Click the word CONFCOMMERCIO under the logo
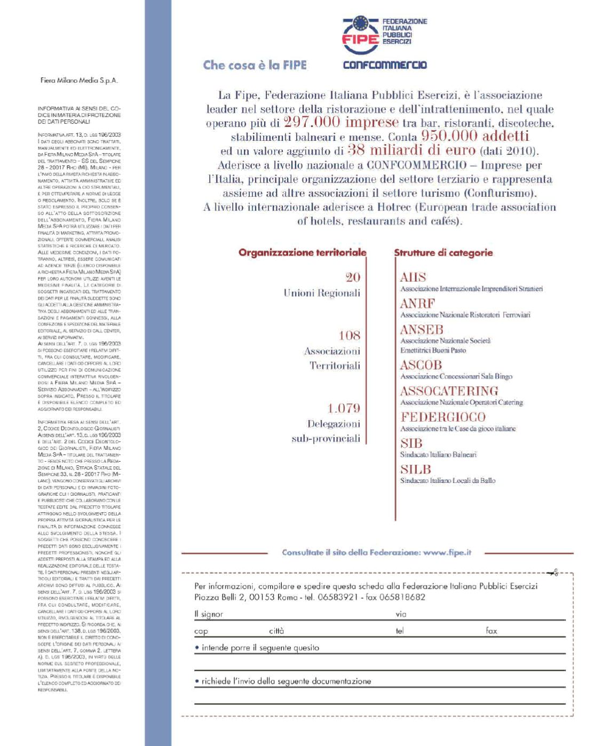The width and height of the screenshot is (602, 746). tap(384, 65)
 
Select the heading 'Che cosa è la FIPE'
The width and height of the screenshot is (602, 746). tap(255, 65)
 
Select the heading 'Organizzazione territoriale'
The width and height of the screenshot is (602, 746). tap(302, 252)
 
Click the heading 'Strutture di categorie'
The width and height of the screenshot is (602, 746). tap(443, 252)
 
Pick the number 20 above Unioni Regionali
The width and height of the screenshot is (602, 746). tap(353, 277)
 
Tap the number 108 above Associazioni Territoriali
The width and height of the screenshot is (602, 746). tap(350, 335)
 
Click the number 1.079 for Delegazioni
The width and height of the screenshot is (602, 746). tap(343, 408)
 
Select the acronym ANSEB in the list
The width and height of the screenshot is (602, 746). tap(422, 330)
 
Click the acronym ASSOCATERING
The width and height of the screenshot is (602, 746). tap(449, 391)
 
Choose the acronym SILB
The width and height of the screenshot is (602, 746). tap(415, 469)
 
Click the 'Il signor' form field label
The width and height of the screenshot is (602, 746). tap(209, 614)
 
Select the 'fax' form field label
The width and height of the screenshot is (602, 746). tap(491, 631)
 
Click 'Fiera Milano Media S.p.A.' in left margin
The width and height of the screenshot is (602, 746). tap(79, 81)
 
